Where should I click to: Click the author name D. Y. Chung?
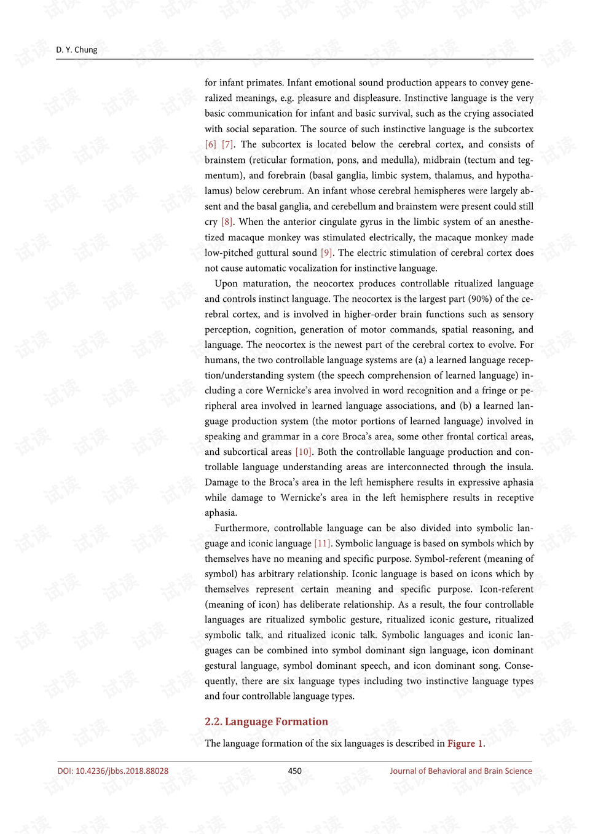click(77, 50)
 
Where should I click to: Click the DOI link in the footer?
click(113, 771)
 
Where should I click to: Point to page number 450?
click(295, 771)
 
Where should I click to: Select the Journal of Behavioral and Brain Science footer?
click(461, 771)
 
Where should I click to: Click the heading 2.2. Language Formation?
click(266, 722)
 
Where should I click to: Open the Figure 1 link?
click(465, 744)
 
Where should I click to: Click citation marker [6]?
click(211, 144)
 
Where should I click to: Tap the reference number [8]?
click(227, 222)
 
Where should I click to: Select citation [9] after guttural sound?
click(326, 253)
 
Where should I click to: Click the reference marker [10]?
click(304, 452)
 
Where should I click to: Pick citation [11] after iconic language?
click(323, 543)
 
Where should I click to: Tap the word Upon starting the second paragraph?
click(226, 283)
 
